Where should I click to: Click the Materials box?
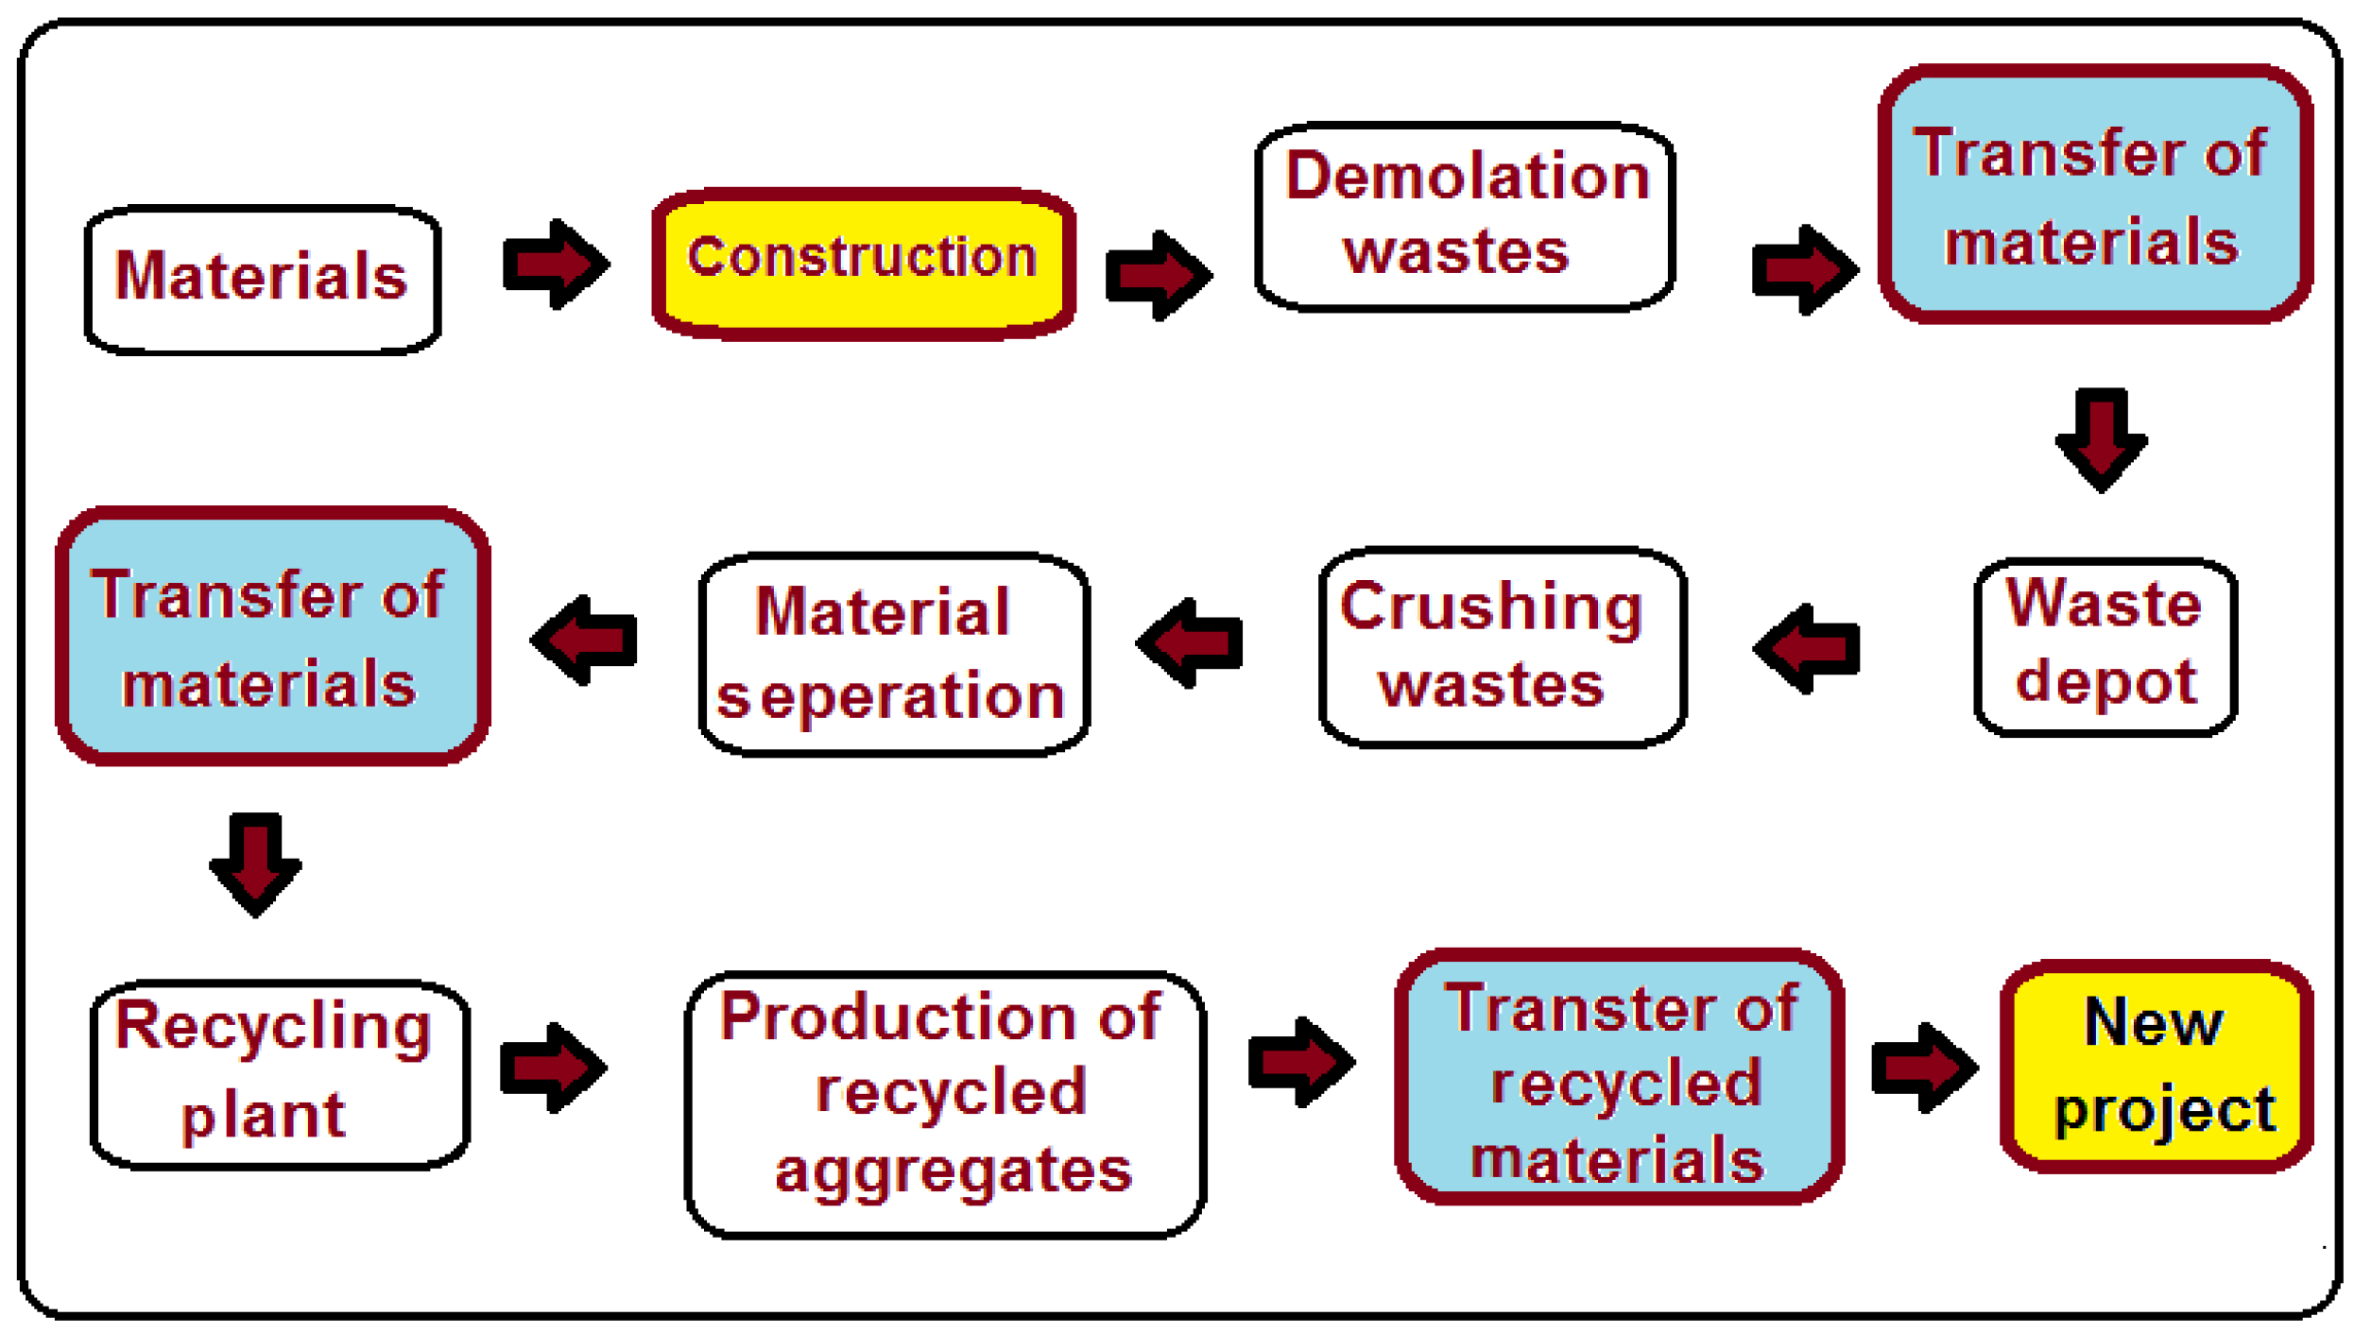tap(262, 280)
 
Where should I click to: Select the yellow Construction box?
tap(864, 263)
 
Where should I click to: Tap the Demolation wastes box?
tap(1465, 215)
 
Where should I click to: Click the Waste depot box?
tap(2105, 646)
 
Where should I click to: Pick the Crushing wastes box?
tap(1503, 646)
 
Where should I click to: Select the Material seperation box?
tap(894, 654)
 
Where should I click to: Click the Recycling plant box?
tap(280, 1074)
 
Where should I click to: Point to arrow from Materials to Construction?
tap(556, 264)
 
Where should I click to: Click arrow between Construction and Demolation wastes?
tap(1158, 275)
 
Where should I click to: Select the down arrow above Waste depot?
tap(2102, 438)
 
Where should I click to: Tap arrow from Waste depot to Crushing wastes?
tap(1807, 648)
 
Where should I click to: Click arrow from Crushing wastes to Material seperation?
tap(1190, 642)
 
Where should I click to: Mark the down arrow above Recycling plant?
tap(255, 863)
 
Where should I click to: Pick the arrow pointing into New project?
tap(1924, 1067)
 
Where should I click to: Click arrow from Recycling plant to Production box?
tap(553, 1067)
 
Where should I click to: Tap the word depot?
tap(2105, 682)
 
